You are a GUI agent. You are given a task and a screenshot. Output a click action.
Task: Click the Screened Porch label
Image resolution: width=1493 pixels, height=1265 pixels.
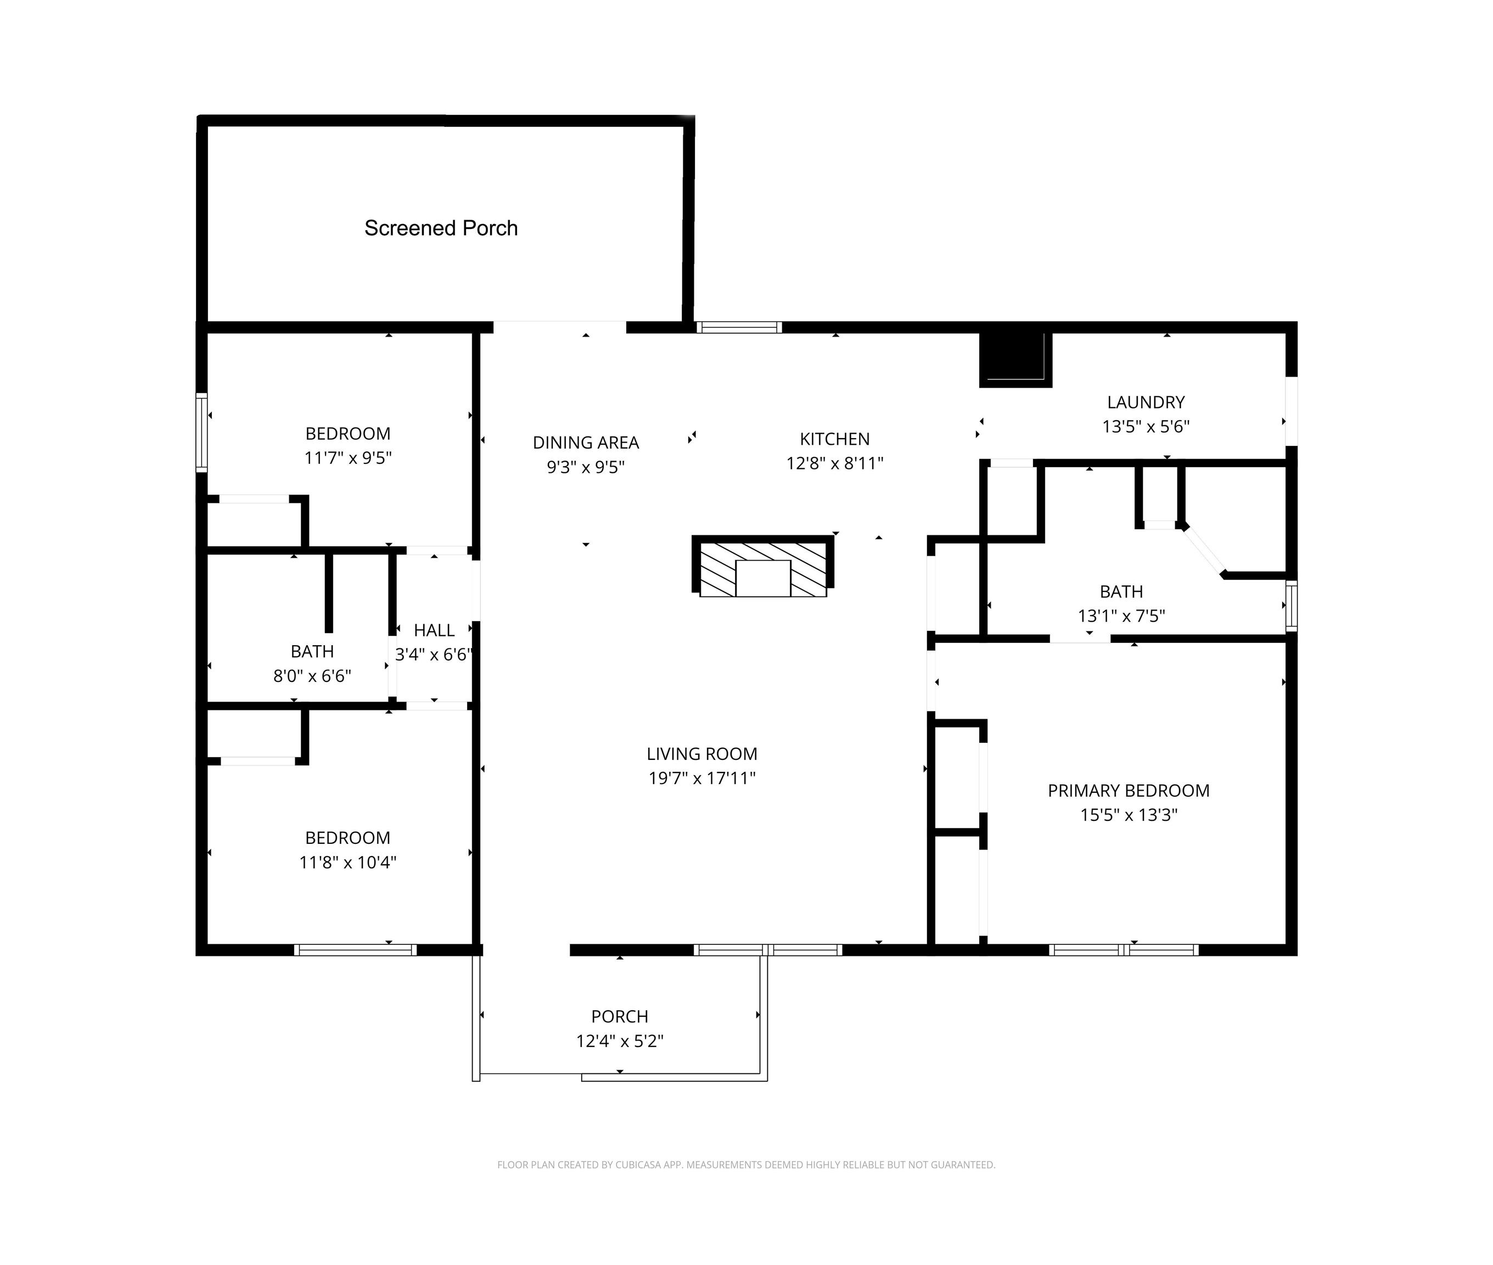coord(441,228)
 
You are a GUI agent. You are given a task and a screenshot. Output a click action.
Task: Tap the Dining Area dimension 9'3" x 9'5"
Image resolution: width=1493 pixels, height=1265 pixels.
coord(586,467)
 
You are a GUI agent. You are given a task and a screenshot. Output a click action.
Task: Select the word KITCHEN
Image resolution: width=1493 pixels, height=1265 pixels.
coord(834,439)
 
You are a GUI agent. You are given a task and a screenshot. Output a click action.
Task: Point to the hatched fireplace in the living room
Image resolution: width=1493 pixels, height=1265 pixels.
coord(762,566)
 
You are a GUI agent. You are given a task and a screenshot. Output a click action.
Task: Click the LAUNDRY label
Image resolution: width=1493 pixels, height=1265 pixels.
coord(1146,402)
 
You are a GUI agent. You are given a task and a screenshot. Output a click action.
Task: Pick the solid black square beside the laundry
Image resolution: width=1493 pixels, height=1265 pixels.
coord(1015,359)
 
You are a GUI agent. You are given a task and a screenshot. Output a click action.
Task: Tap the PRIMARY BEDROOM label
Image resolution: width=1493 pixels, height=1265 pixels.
coord(1128,790)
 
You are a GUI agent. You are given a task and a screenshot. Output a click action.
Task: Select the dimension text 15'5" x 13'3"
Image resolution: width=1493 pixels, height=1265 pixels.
coord(1129,815)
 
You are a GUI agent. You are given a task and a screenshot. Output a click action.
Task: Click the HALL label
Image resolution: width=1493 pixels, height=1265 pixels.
coord(434,630)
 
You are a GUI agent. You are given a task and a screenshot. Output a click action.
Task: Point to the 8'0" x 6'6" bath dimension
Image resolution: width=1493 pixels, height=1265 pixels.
coord(312,675)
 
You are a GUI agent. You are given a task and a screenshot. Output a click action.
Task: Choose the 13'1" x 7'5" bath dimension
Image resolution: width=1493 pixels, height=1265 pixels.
coord(1121,615)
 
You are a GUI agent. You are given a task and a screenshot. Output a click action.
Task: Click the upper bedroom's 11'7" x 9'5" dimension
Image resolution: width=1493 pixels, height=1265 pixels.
coord(347,457)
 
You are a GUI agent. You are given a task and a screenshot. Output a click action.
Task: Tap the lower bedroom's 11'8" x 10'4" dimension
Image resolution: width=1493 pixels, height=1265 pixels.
coord(347,862)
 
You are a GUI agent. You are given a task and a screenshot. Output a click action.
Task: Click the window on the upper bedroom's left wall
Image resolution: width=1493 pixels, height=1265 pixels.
coord(202,433)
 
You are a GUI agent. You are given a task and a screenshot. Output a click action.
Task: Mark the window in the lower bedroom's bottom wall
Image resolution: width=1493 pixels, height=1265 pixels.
coord(356,950)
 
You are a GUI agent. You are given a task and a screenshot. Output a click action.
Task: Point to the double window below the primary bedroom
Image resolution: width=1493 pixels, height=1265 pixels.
coord(1123,950)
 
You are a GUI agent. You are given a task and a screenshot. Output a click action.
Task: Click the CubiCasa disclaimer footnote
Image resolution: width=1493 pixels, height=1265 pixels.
coord(746,1165)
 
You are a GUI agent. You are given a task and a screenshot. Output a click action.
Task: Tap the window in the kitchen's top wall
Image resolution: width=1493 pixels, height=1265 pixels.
coord(739,328)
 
